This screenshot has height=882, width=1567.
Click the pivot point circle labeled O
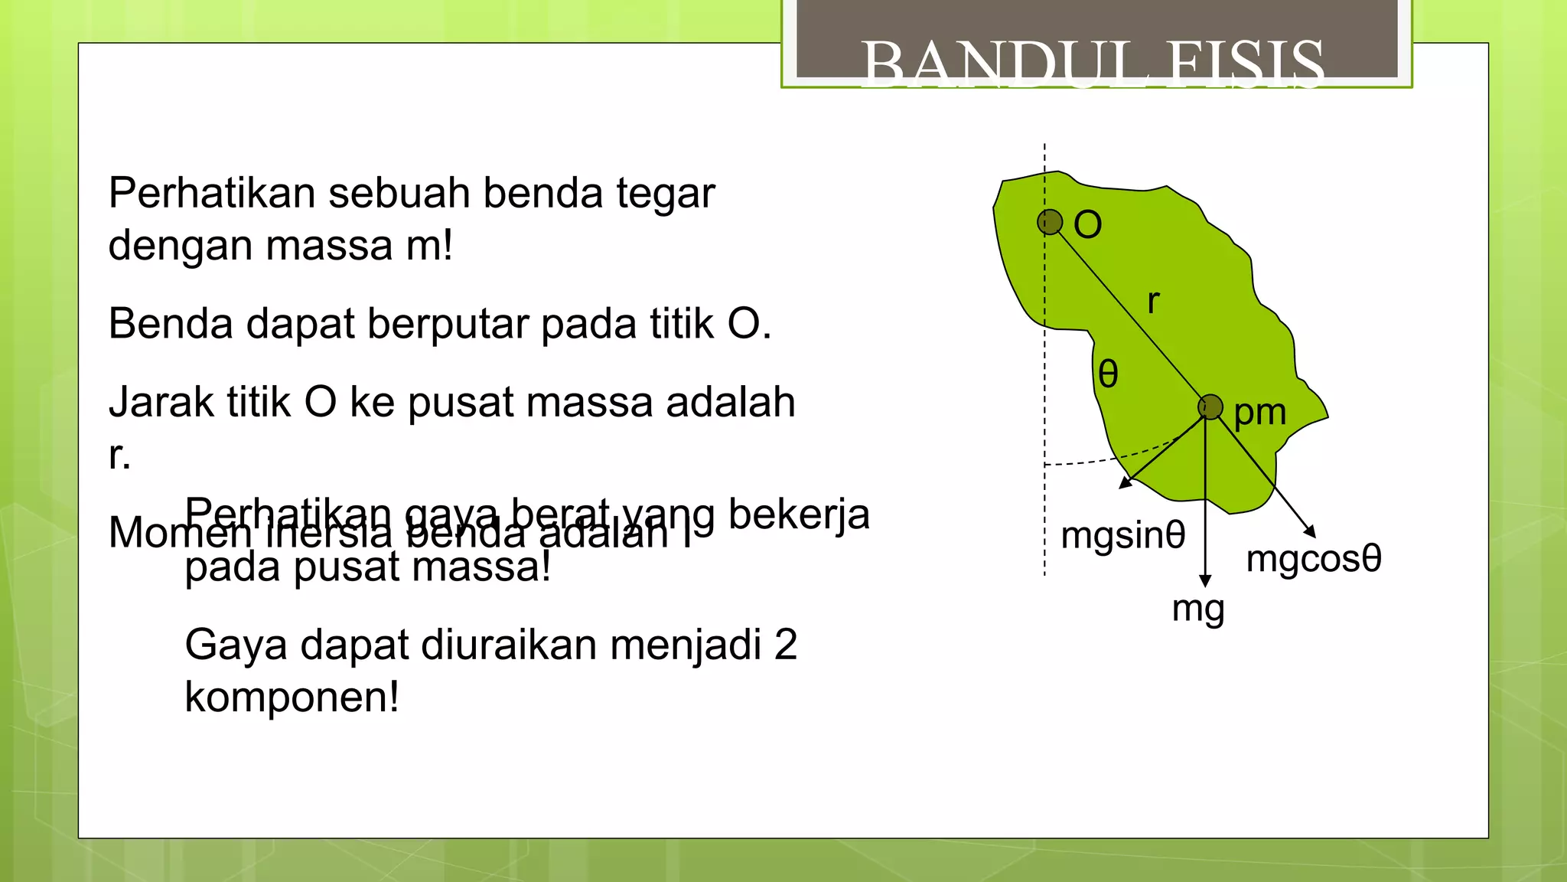(1050, 222)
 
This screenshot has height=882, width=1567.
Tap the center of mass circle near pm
(1210, 407)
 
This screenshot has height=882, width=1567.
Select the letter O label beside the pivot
(1087, 225)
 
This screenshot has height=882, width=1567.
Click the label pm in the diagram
(1259, 413)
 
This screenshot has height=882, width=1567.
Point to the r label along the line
(1153, 302)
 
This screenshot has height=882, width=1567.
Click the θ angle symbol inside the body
(1108, 374)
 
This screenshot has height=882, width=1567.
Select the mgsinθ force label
(1122, 535)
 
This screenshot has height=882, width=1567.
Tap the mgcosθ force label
(1313, 558)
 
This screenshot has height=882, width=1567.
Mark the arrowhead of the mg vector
(1205, 581)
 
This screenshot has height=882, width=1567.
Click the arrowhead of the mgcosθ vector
(1310, 531)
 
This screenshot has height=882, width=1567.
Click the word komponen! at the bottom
(292, 697)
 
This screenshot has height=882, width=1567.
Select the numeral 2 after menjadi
(785, 645)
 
